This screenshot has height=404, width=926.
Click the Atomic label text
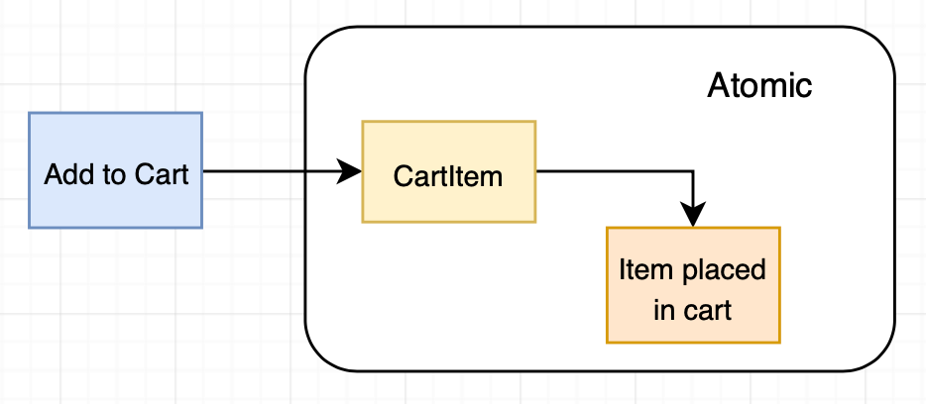[x=759, y=86]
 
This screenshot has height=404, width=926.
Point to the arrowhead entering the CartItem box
[x=350, y=171]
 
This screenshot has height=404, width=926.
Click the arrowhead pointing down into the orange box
[x=694, y=215]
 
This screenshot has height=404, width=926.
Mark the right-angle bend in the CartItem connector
[x=694, y=171]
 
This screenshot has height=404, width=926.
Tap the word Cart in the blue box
[x=161, y=175]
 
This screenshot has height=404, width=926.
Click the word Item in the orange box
[x=639, y=269]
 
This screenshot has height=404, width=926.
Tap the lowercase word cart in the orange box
[x=710, y=310]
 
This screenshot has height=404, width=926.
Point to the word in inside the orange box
[x=663, y=310]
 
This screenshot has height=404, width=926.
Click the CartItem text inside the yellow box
[x=448, y=176]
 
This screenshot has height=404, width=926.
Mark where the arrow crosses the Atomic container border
[x=305, y=171]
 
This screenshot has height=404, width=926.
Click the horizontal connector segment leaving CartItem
[x=615, y=171]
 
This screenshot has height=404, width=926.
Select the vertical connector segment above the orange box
[x=694, y=190]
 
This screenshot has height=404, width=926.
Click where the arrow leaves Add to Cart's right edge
[x=203, y=171]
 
